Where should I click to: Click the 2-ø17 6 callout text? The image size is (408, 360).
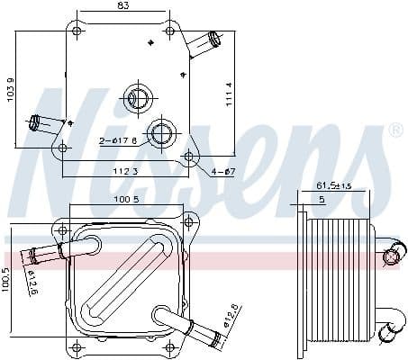119,139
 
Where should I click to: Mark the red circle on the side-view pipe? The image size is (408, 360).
391,258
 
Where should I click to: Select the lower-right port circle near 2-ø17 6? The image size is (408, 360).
162,134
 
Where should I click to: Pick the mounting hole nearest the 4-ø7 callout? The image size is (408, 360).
188,157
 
